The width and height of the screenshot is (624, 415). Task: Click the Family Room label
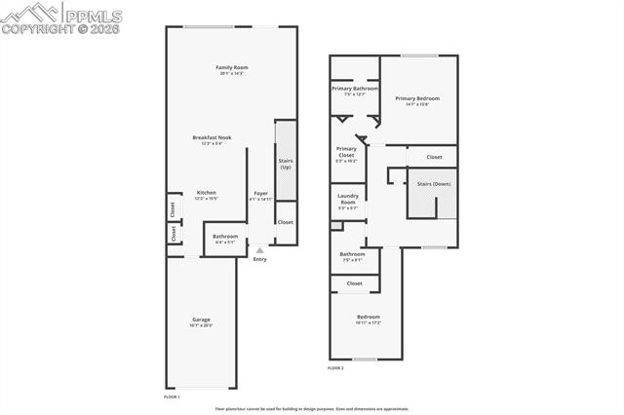click(x=231, y=67)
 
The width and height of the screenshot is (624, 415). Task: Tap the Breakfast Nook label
click(x=211, y=137)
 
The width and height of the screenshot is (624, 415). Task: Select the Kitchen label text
click(x=207, y=192)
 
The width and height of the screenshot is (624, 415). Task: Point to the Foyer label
click(x=260, y=193)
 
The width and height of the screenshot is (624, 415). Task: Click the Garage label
click(x=201, y=320)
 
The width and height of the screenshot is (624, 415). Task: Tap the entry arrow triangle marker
click(x=259, y=249)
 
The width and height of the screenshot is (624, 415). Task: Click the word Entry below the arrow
click(x=259, y=259)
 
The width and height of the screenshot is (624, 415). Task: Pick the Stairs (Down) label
click(x=433, y=183)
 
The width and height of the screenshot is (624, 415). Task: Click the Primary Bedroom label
click(x=417, y=98)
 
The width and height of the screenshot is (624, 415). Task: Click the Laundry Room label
click(x=348, y=200)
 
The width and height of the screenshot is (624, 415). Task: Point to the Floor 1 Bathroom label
click(x=225, y=236)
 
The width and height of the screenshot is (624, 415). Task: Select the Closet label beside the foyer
click(x=285, y=222)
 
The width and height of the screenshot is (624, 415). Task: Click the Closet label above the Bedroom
click(x=354, y=283)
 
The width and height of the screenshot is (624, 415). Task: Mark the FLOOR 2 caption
click(x=335, y=368)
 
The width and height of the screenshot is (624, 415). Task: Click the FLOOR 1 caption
click(x=172, y=396)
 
